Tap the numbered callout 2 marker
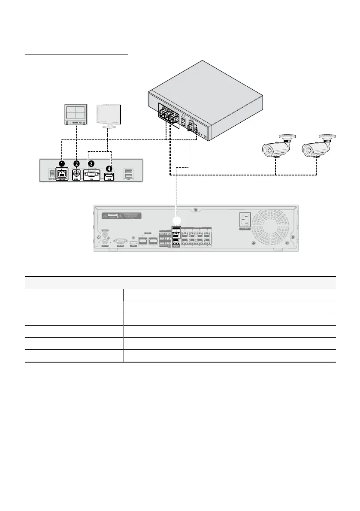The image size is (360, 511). [x=77, y=164]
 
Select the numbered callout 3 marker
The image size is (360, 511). [x=91, y=164]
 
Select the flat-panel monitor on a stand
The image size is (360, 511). [x=109, y=115]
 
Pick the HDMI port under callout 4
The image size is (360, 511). [x=109, y=177]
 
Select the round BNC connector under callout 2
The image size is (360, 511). [x=77, y=174]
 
